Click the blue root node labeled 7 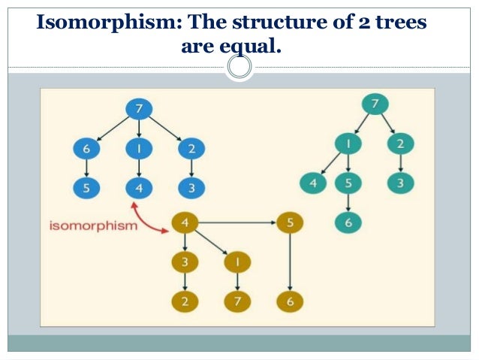(x=138, y=109)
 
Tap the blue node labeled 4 (x=139, y=188)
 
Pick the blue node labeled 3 (x=191, y=188)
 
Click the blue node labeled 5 (x=86, y=188)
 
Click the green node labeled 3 (x=401, y=182)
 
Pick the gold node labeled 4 (x=185, y=222)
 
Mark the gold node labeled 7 (x=236, y=301)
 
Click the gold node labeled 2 (x=185, y=301)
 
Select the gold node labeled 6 (x=289, y=301)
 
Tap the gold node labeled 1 (x=236, y=262)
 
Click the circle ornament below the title (x=239, y=68)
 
